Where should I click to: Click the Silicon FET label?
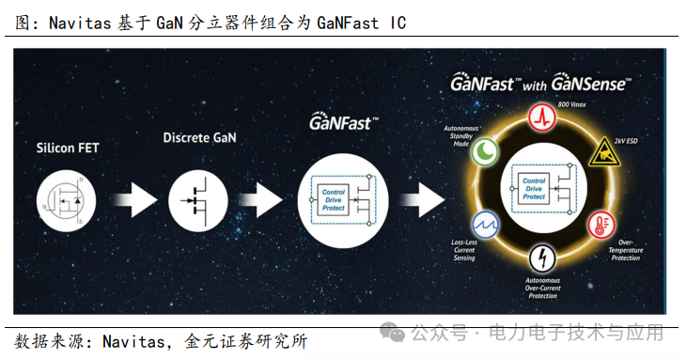point(67,148)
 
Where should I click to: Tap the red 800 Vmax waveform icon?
point(542,116)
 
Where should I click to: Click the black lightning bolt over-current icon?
point(542,257)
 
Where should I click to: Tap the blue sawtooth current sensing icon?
point(486,225)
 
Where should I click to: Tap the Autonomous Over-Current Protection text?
point(542,290)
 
